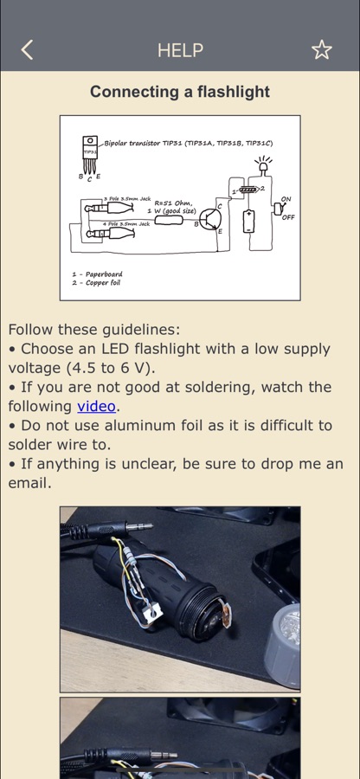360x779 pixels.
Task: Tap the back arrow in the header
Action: (x=27, y=49)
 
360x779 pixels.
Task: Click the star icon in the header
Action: (x=321, y=49)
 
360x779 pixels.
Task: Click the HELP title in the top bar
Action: (x=180, y=50)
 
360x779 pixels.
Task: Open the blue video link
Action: (x=96, y=407)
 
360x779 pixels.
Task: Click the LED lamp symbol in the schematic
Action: (x=263, y=165)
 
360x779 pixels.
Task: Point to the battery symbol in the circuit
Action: (x=248, y=221)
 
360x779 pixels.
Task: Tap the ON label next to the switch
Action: (x=286, y=199)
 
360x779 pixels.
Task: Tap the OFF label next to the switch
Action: (x=288, y=217)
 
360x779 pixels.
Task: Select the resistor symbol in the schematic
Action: (x=169, y=219)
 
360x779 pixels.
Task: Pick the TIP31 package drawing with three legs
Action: (x=90, y=155)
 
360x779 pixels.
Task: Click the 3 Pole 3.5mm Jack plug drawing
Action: (x=107, y=208)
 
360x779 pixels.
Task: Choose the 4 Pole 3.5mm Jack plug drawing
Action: (x=107, y=233)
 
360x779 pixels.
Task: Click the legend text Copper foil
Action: (x=103, y=283)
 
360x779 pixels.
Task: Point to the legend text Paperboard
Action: (x=104, y=274)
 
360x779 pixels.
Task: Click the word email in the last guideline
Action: (x=29, y=483)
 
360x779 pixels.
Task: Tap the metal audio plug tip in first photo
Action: (x=139, y=526)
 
